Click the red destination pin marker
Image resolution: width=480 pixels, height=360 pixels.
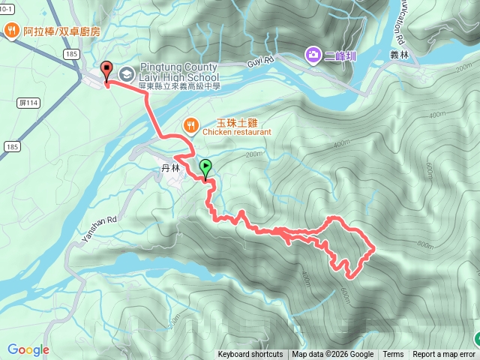106,71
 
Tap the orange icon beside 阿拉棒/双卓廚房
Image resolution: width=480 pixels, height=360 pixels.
12,31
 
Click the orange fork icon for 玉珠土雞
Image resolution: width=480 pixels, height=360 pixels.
190,126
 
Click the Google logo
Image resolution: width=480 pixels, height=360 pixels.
28,349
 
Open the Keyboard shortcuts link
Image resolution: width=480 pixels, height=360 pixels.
250,355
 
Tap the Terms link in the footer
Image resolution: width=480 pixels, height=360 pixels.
393,355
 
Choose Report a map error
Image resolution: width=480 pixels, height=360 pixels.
444,355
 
